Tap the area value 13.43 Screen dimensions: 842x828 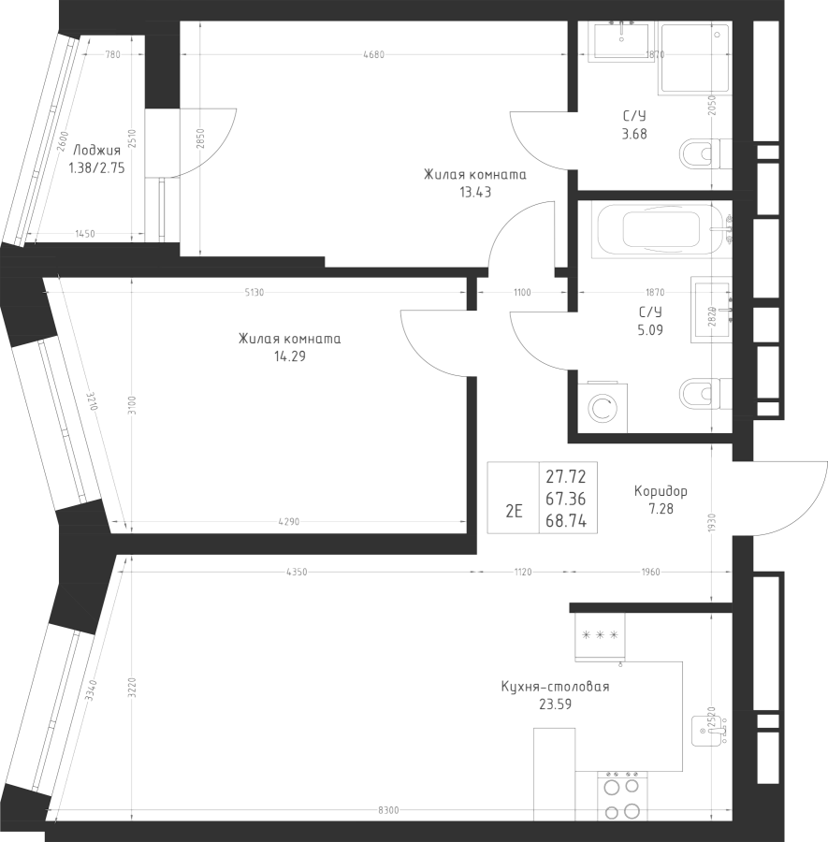pyautogui.click(x=475, y=192)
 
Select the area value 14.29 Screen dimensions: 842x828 pyautogui.click(x=290, y=356)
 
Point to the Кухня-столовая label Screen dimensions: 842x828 pyautogui.click(x=555, y=687)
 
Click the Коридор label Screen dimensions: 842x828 pyautogui.click(x=661, y=491)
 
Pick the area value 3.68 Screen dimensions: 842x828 pyautogui.click(x=634, y=133)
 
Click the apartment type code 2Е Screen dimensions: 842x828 pyautogui.click(x=514, y=511)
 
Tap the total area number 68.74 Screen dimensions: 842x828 pyautogui.click(x=565, y=522)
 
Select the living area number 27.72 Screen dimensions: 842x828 pyautogui.click(x=565, y=478)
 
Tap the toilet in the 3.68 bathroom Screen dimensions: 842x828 pyautogui.click(x=703, y=153)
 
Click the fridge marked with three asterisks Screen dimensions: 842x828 pyautogui.click(x=600, y=635)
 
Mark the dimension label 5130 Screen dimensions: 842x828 pyautogui.click(x=254, y=293)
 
